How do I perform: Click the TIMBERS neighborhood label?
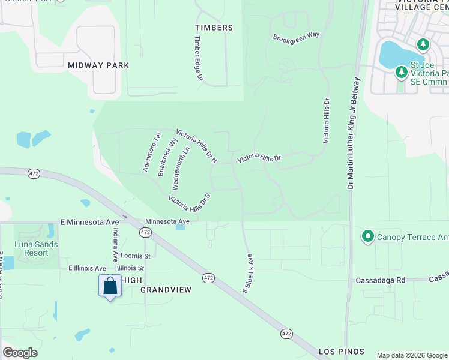214,28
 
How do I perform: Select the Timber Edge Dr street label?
198,58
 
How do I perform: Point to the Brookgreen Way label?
296,37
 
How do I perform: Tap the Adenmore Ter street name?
152,152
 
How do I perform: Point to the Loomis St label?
134,255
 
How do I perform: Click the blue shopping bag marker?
110,286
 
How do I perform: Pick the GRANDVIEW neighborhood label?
166,290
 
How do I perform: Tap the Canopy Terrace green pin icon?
368,237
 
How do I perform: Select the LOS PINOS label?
342,351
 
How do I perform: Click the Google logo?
20,352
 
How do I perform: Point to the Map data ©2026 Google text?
411,355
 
